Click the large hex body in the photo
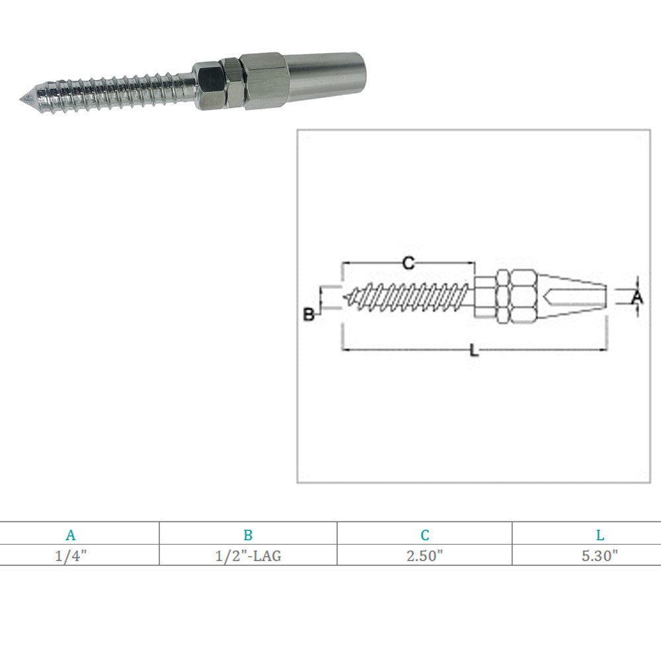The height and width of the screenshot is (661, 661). [263, 81]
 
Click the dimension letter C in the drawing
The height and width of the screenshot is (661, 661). [408, 264]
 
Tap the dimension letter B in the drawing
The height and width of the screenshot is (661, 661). [309, 315]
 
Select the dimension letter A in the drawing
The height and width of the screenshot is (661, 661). [637, 297]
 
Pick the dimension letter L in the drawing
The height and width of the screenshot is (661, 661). [474, 350]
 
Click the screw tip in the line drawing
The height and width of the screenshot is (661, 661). [348, 297]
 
